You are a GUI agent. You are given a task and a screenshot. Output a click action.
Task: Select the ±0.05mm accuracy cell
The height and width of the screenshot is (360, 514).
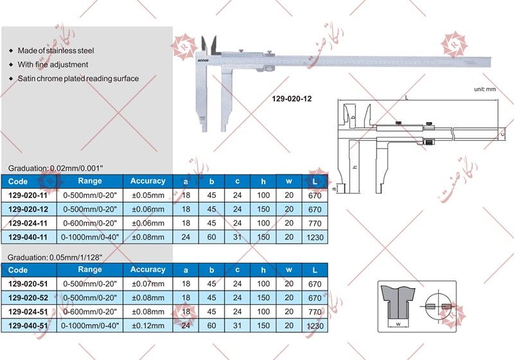point(148,195)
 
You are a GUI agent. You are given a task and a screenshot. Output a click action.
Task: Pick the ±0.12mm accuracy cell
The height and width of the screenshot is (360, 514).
point(148,326)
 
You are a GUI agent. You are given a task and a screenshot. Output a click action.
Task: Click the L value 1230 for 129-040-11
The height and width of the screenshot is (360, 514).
point(315,237)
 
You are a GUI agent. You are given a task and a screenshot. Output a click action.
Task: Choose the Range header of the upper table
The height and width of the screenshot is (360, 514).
point(90,181)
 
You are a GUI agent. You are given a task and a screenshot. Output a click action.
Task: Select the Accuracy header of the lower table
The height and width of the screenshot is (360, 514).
point(148,269)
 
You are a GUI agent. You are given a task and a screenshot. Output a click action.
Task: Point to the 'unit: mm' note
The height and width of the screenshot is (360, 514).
point(486,89)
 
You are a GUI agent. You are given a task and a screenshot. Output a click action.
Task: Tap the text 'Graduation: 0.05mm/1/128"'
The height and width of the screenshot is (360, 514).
point(55,256)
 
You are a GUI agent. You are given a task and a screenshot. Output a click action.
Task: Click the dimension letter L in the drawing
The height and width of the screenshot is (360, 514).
point(407,98)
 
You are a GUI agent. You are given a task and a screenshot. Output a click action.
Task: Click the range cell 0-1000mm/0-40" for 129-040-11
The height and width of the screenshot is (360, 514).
point(90,237)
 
